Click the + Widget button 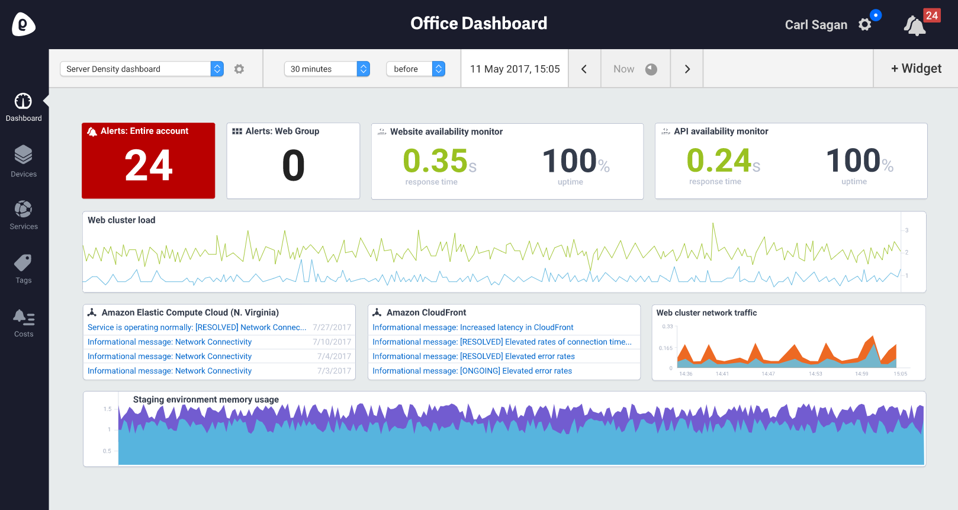coord(916,69)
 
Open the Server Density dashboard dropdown coord(142,69)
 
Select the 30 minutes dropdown coord(327,69)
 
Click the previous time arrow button coord(584,69)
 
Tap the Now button coord(635,69)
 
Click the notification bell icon coord(914,25)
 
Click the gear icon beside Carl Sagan coord(865,25)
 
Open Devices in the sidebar coord(24,161)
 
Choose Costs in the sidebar coord(24,323)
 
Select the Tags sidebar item coord(24,269)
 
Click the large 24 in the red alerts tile coord(149,165)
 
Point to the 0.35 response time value coord(436,161)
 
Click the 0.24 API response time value coord(719,161)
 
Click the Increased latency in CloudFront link coord(473,328)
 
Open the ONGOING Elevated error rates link coord(472,371)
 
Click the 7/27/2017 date coord(332,328)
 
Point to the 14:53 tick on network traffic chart coord(815,374)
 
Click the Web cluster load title coord(122,220)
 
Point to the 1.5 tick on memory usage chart coord(107,409)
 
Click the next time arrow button coord(687,69)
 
